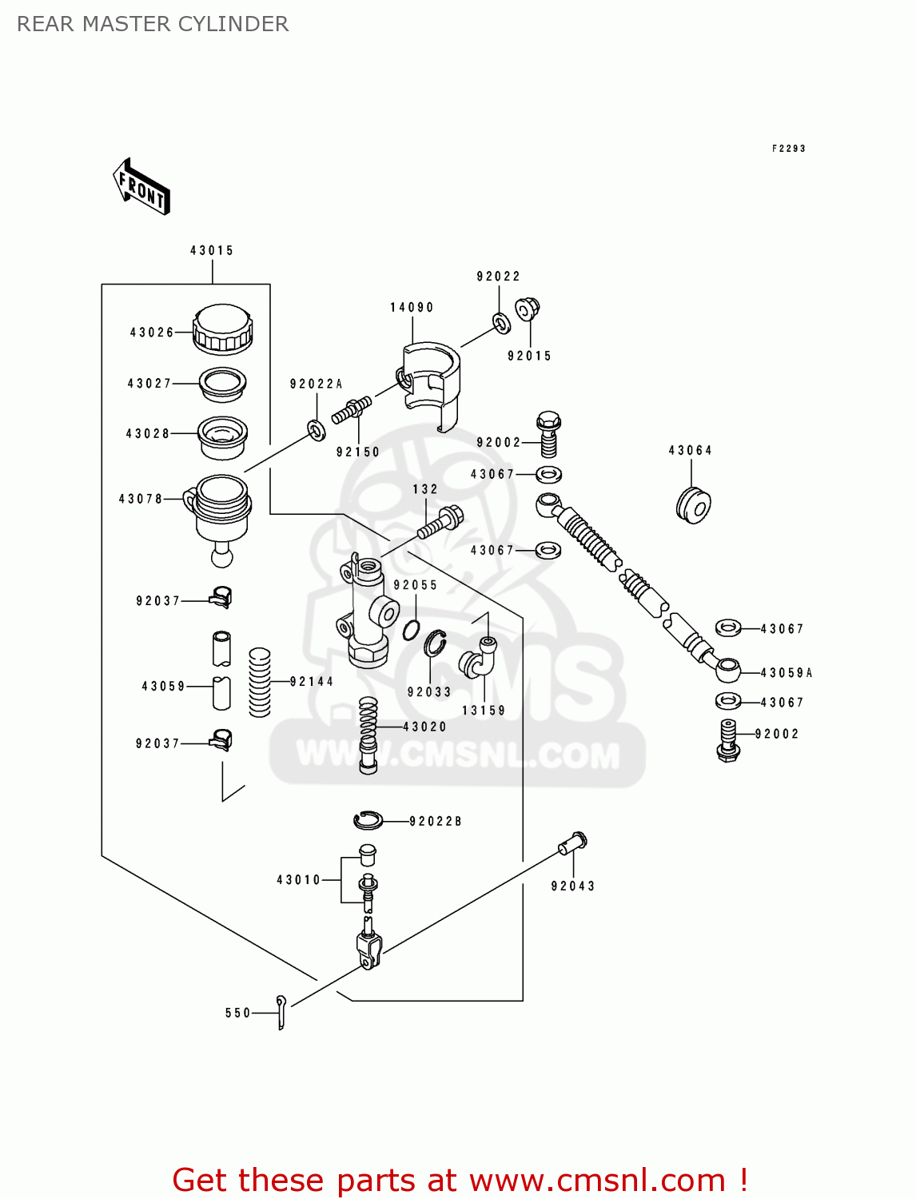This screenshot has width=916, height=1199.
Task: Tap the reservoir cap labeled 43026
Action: [x=222, y=329]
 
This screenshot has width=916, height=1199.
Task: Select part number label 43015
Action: [x=212, y=251]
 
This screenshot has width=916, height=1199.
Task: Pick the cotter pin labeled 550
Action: [x=281, y=1012]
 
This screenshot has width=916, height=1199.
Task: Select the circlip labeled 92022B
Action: [x=368, y=819]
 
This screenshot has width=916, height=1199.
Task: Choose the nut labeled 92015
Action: [x=528, y=309]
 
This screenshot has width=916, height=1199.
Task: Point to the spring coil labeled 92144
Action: [x=260, y=682]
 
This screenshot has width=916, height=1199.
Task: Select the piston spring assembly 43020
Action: [x=368, y=734]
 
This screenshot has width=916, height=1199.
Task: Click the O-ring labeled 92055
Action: [x=411, y=630]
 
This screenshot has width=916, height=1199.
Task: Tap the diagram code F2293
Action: [x=788, y=149]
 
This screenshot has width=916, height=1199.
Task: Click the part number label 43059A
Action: [x=786, y=673]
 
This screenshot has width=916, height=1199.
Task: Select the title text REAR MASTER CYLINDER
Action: [x=153, y=24]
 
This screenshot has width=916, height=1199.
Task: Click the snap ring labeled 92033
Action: [x=435, y=643]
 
